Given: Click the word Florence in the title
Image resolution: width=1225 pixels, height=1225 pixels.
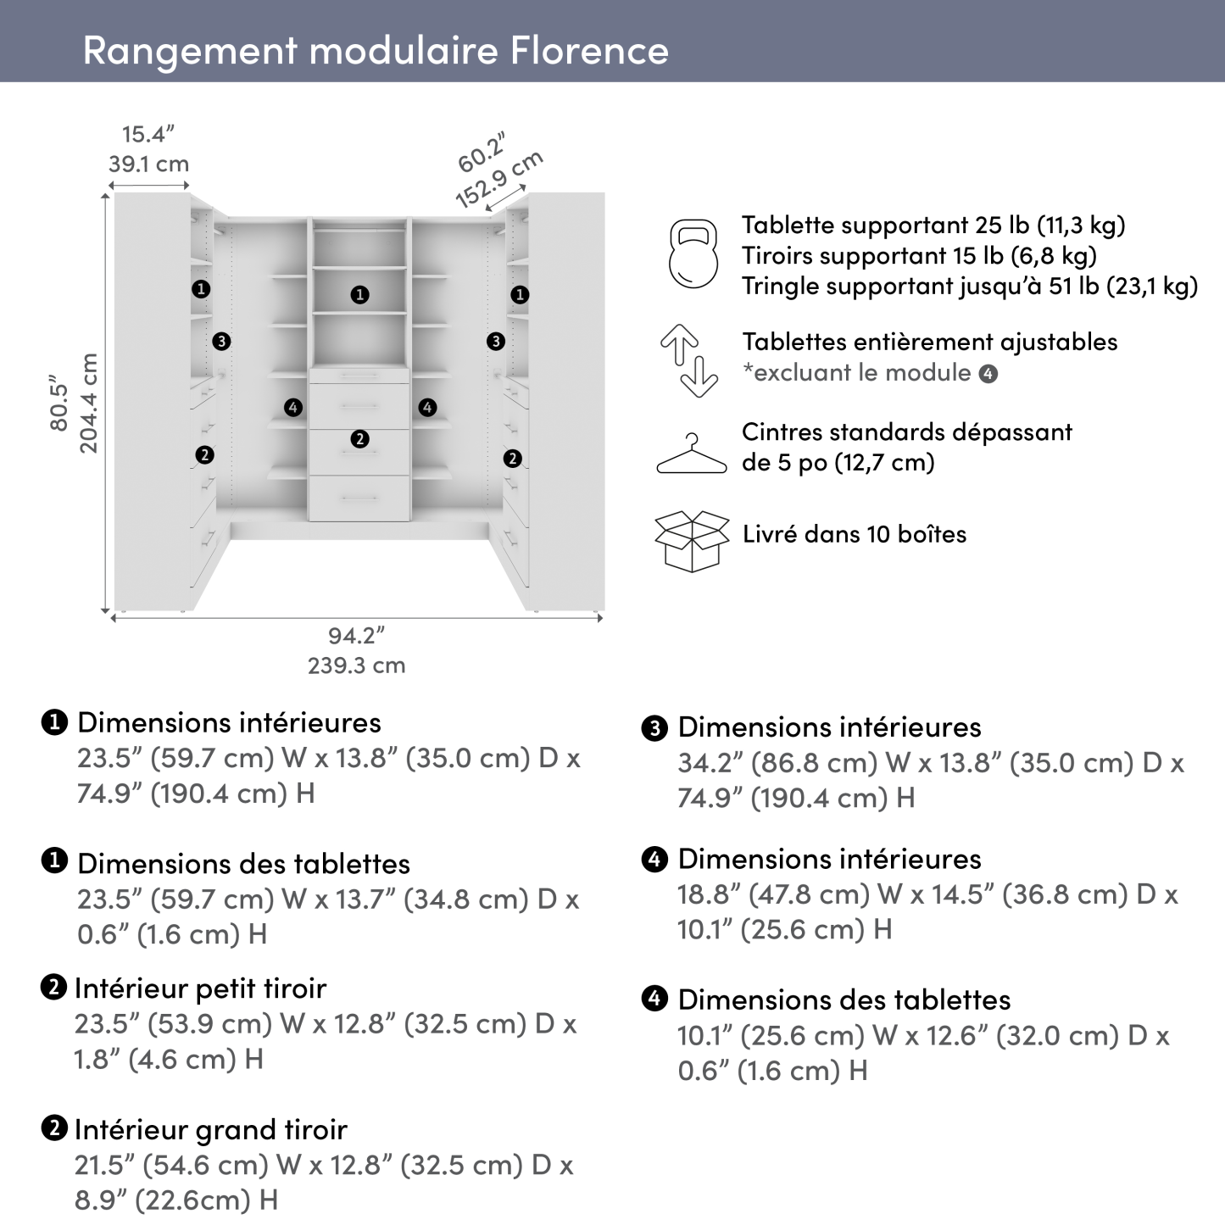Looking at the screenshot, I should [x=589, y=50].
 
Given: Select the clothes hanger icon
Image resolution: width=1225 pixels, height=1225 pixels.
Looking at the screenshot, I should [x=692, y=455].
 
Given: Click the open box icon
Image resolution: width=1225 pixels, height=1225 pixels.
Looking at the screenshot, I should [x=692, y=540].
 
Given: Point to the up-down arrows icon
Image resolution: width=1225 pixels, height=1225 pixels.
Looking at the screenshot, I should [x=689, y=360].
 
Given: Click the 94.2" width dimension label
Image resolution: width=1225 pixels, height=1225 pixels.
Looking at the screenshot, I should [x=356, y=635].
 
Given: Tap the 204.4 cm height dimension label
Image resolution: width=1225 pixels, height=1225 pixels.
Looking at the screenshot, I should [x=89, y=404].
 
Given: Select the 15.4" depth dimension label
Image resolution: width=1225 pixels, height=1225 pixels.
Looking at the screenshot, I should [x=148, y=135].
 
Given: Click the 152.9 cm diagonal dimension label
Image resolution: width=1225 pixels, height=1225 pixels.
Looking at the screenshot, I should [x=499, y=181].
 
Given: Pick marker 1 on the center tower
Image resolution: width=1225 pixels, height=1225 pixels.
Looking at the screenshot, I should [x=360, y=295].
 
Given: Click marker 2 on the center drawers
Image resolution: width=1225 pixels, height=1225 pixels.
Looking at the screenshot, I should [x=360, y=439].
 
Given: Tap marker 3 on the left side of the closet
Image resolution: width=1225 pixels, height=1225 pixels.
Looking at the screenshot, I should [x=221, y=342].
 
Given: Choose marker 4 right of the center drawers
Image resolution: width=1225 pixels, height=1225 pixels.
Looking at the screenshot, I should [x=427, y=408].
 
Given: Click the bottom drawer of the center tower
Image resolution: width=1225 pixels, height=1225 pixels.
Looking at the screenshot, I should [x=359, y=498].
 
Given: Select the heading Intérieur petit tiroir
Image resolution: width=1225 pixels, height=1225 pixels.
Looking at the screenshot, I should [x=200, y=988].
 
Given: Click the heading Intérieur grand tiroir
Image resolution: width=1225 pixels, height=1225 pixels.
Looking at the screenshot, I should [x=210, y=1129].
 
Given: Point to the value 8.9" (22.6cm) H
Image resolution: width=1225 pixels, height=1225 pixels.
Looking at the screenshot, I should [x=176, y=1200].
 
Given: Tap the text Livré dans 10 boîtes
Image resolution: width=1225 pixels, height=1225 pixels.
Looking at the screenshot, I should [x=855, y=534].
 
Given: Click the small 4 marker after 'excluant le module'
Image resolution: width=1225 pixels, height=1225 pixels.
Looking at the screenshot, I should [x=988, y=374].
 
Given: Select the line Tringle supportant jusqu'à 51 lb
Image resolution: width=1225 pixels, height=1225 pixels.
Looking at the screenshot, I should [x=969, y=287].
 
